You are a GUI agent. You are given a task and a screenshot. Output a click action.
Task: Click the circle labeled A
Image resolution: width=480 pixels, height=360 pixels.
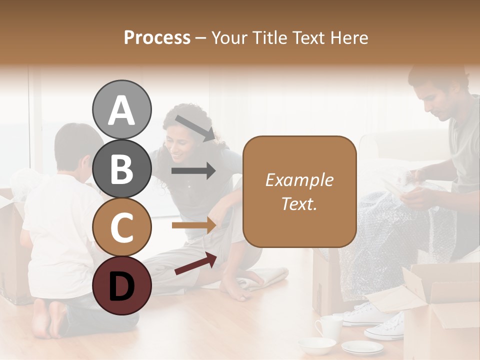[x=121, y=110]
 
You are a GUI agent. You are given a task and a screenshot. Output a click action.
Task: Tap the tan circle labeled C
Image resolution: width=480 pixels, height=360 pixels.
[x=121, y=227]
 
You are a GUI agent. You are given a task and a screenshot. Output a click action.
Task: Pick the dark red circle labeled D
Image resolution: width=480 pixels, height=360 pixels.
[x=121, y=285]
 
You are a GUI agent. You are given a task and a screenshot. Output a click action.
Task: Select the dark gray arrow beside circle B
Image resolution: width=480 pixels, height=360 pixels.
[x=193, y=171]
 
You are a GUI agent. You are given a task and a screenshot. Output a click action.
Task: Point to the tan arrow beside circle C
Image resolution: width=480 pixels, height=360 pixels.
[x=193, y=225]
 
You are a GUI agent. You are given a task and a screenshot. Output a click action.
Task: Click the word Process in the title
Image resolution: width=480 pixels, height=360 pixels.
[x=157, y=37]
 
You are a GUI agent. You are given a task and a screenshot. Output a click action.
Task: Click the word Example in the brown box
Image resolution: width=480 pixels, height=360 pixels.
[x=299, y=180]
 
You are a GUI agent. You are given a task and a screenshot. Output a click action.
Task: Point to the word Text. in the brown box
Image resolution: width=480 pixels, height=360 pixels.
[x=299, y=204]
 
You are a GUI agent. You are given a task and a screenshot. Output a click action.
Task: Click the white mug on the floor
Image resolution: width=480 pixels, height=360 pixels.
[x=328, y=326]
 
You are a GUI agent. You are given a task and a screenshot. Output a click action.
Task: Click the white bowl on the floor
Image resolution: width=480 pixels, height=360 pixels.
[x=317, y=345]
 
